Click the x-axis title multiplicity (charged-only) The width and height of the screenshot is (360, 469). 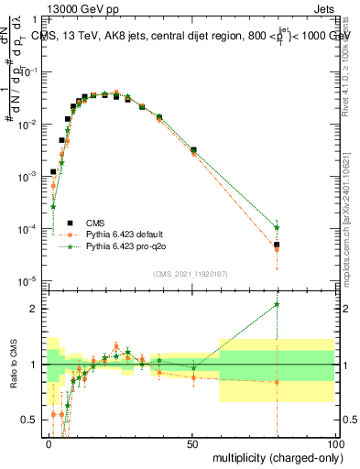(x=275, y=455)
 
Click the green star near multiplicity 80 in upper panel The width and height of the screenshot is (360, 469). (x=277, y=227)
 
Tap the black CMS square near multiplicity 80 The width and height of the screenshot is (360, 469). (x=277, y=245)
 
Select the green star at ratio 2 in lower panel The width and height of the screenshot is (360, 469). (x=277, y=305)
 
